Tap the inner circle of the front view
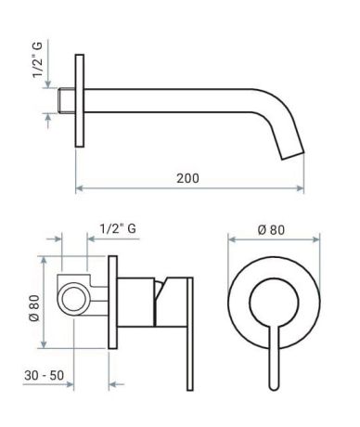[x=273, y=299]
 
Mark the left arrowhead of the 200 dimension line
[x=78, y=190]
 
